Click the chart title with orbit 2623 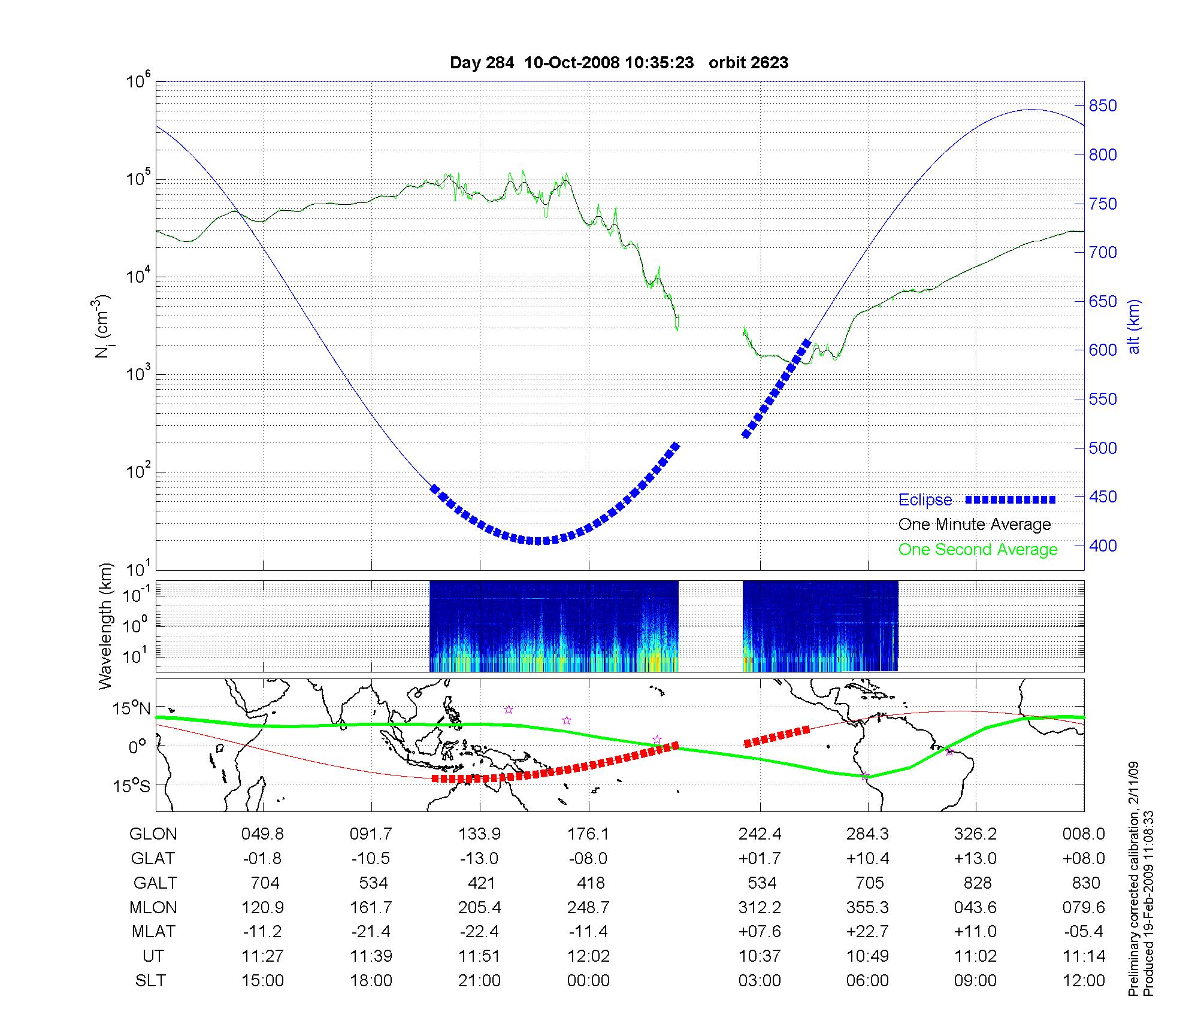point(619,62)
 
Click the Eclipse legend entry point(925,500)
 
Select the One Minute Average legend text point(975,525)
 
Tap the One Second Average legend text point(978,550)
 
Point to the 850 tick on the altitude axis point(1103,106)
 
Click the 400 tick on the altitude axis point(1103,546)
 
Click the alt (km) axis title point(1135,326)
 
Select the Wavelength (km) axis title point(105,626)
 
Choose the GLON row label point(153,834)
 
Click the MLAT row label point(153,932)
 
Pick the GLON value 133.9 point(479,834)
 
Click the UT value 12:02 point(589,956)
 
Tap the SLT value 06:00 point(867,981)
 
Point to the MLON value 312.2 point(760,908)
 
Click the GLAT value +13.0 point(976,859)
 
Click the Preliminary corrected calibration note point(1133,878)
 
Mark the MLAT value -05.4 point(1083,932)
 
